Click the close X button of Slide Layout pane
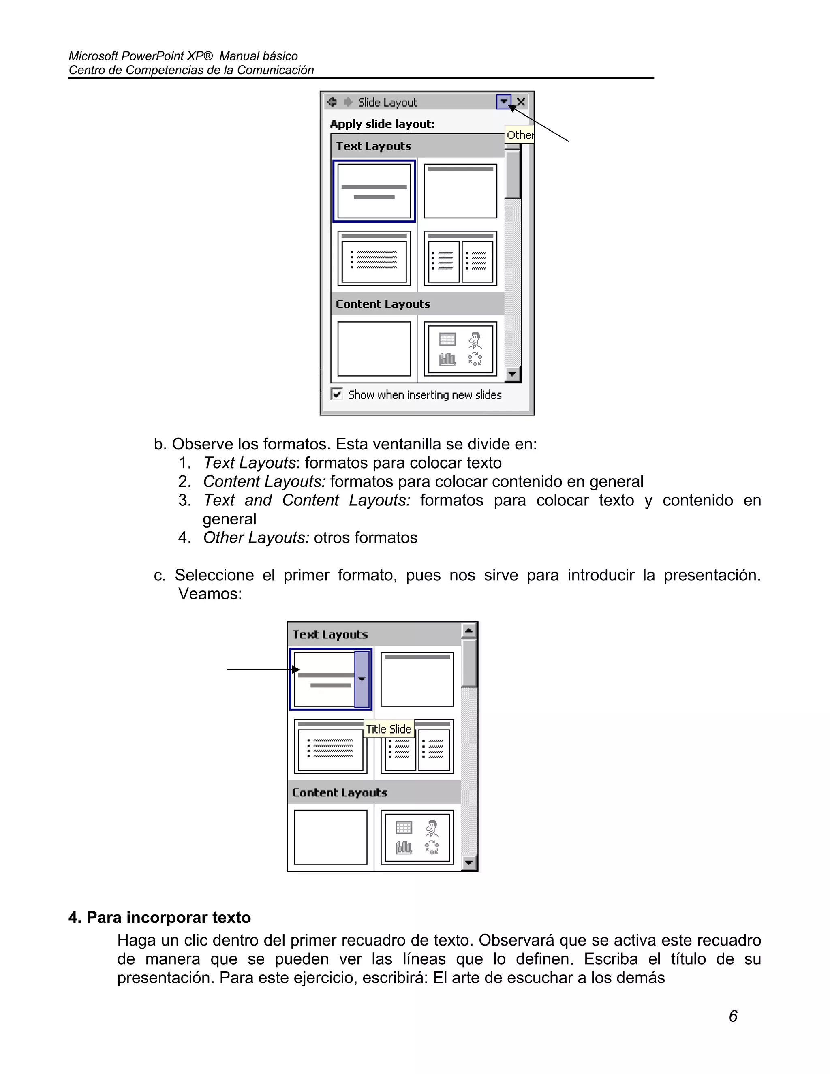521,102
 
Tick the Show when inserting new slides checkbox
337,394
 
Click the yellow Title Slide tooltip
388,729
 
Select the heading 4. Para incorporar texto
160,918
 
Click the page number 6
733,1016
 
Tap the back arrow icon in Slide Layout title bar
332,102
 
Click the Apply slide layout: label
383,124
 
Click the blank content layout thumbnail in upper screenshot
374,349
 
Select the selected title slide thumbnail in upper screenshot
374,191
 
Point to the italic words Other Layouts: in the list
256,537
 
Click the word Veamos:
210,594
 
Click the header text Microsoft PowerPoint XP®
140,56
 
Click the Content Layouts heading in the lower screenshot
340,792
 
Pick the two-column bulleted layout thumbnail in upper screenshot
460,258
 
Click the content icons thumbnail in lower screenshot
417,837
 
